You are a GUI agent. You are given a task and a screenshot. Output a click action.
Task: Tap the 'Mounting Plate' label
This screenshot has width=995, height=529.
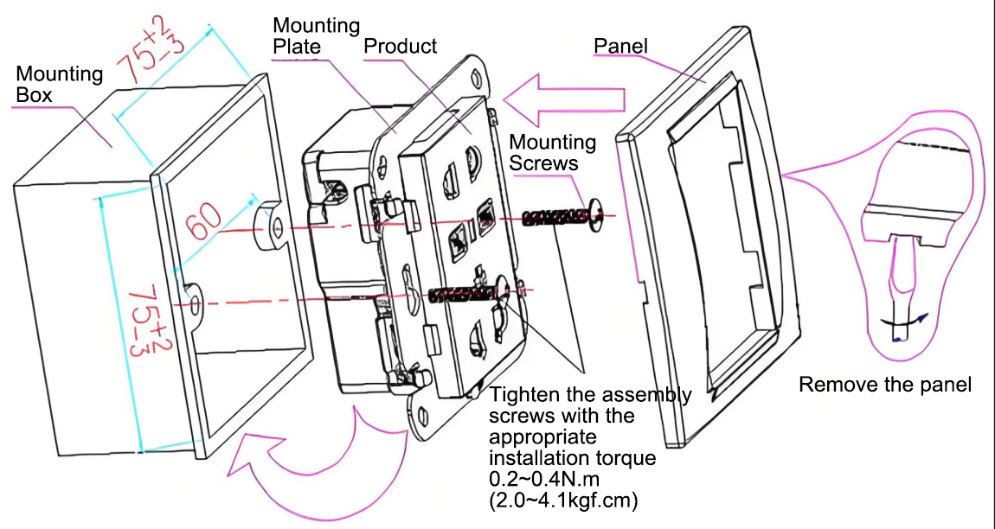[316, 36]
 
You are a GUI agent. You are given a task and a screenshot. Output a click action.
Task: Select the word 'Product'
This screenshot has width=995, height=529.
[401, 47]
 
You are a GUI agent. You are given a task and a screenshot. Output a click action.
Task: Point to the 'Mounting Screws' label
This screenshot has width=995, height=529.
[553, 153]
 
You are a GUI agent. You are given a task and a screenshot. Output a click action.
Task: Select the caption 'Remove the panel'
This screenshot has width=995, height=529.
[884, 385]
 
